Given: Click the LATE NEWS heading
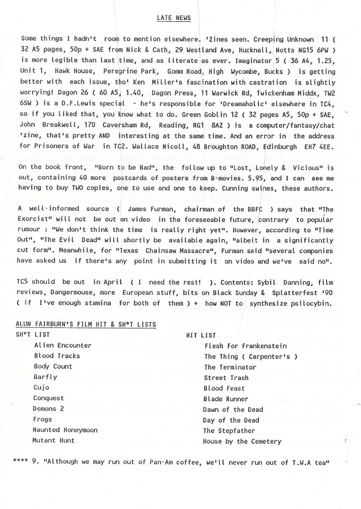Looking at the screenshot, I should (x=174, y=18).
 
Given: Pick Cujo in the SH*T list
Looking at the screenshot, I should (x=41, y=388).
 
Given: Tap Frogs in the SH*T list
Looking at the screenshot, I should (x=43, y=419).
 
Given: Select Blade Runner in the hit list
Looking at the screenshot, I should (x=226, y=399).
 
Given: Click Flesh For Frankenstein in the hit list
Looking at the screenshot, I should (x=245, y=346).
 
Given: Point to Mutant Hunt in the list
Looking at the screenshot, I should (x=53, y=440).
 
